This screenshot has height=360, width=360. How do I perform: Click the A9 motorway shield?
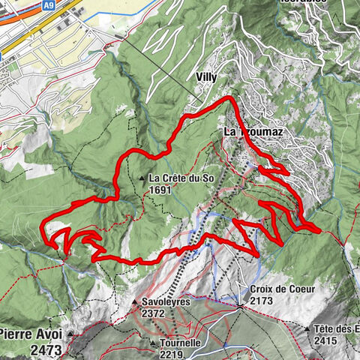pos(49,5)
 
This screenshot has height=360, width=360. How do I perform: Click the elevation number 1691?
pos(162,190)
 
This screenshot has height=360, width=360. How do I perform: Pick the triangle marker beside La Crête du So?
pos(142,178)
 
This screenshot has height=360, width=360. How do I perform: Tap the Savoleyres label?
pos(166,304)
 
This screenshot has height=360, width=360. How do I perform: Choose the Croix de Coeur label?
pos(281,289)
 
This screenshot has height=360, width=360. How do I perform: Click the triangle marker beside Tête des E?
pos(307,329)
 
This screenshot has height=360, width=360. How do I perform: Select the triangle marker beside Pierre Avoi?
pos(72,333)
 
